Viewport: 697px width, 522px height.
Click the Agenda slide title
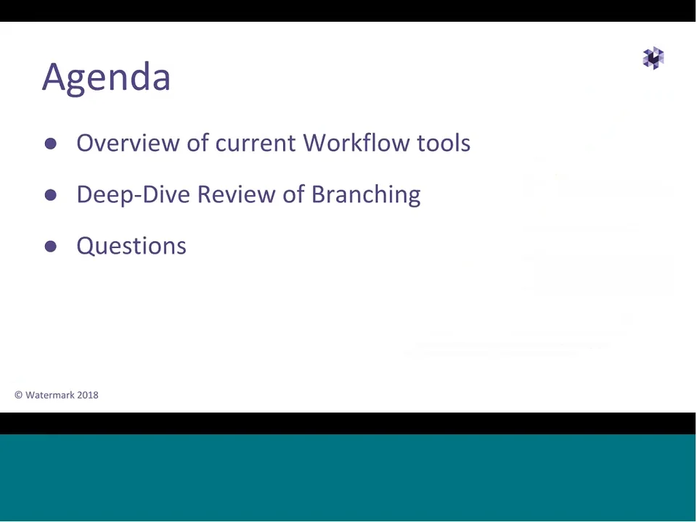point(106,77)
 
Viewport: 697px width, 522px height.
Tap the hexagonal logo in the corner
point(653,58)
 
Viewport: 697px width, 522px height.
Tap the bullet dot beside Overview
point(50,144)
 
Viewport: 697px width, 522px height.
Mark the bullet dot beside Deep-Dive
point(50,195)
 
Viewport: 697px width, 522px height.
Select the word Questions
point(131,246)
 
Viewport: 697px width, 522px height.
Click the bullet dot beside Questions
point(50,246)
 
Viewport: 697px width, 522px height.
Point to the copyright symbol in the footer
point(18,395)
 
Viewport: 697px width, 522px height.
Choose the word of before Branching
point(293,194)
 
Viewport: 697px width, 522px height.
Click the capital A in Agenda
point(54,77)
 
